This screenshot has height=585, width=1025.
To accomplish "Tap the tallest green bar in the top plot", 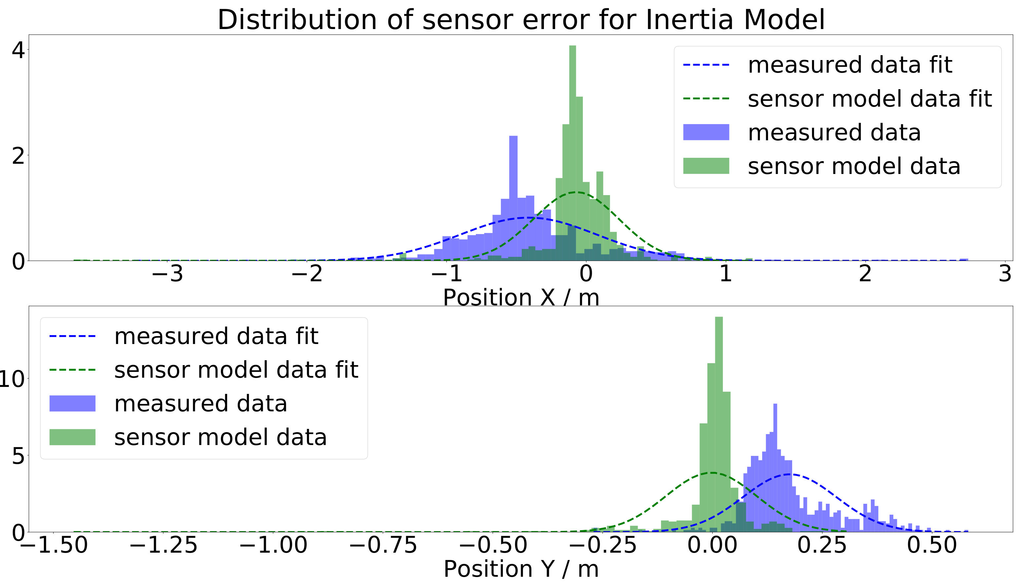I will click(573, 153).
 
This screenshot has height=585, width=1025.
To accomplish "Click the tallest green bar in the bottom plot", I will click(719, 422).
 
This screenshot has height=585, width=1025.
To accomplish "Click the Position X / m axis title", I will click(521, 297).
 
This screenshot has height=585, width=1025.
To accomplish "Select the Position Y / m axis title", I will click(521, 569).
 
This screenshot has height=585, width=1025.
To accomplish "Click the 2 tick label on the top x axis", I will click(865, 274).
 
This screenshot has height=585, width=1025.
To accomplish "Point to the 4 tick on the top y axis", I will click(18, 51).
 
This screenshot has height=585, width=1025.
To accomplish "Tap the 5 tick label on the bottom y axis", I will click(18, 456).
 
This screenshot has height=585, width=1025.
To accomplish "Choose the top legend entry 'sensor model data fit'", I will click(869, 99).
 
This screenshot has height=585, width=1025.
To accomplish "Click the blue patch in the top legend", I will click(706, 132).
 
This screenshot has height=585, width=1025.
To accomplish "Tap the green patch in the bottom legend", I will click(72, 437).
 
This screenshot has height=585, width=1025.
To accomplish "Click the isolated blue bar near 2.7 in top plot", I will click(964, 260).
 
